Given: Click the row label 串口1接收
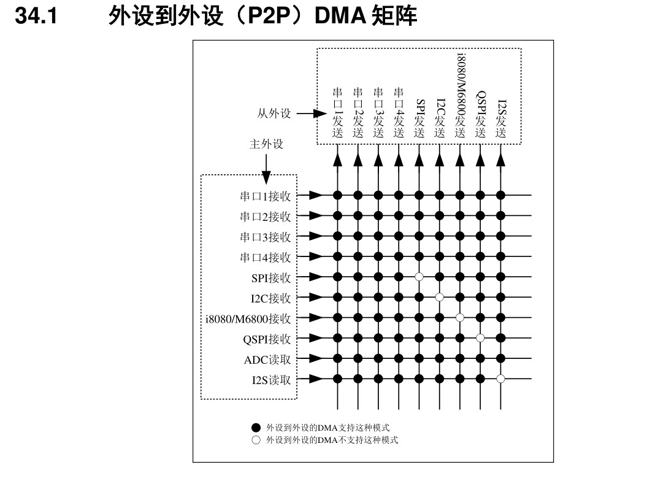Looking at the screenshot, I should point(265,196).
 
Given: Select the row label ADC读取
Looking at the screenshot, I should point(267,360).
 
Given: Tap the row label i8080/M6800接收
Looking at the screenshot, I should point(248,318).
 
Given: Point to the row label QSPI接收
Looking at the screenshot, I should point(267,339).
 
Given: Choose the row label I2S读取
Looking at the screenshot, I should point(271,380).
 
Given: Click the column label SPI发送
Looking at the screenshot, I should point(419,118).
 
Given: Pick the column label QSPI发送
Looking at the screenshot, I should point(481,114).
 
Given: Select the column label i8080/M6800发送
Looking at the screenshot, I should point(460,95).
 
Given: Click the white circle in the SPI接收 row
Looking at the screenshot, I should point(419,277).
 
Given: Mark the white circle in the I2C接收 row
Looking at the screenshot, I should point(440,298).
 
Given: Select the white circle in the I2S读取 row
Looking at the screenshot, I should point(501,379).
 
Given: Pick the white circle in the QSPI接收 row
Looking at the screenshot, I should point(481,338).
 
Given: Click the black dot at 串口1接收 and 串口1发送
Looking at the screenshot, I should point(337,196).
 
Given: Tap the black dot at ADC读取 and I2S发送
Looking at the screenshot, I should point(501,358).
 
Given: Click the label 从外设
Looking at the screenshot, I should point(274,114).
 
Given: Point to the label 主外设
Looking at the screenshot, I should point(266,144).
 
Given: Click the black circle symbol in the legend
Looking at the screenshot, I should point(256,427).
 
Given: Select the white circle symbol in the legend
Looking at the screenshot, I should point(256,440).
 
